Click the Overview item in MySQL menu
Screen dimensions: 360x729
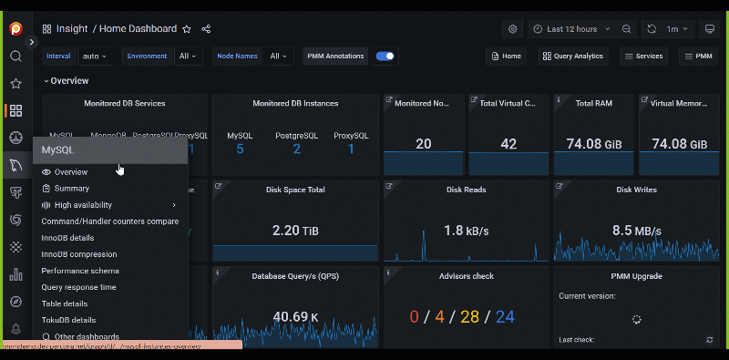tap(70, 172)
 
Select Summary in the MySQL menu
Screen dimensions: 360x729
tap(71, 189)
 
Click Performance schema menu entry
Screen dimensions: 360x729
tap(80, 271)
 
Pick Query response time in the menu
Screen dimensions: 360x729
tap(78, 287)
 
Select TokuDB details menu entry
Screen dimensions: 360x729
tap(68, 320)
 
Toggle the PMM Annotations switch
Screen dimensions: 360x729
tap(385, 57)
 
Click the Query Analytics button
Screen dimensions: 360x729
tap(572, 57)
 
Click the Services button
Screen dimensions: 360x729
tap(642, 57)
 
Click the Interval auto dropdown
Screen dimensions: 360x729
tap(96, 57)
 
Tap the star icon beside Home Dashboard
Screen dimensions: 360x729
tap(187, 29)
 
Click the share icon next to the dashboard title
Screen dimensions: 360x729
tap(206, 29)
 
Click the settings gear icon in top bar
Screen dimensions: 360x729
tap(513, 29)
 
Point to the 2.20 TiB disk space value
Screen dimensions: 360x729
tap(294, 231)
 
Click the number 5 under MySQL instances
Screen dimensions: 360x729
tap(240, 149)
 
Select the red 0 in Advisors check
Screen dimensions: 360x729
tap(414, 317)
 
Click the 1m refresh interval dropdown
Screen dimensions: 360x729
tap(676, 29)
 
